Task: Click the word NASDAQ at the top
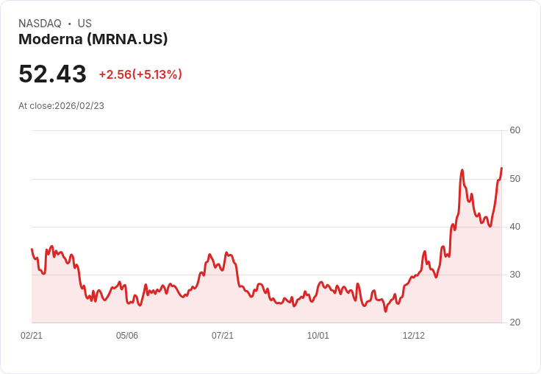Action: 40,24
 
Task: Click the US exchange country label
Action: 85,24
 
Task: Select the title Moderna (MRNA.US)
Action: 93,39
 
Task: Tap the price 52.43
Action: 52,74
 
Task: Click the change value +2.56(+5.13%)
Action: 140,74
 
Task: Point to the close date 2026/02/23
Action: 79,106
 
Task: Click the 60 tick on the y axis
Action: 515,130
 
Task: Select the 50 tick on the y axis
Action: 515,179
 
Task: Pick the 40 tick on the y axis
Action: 515,227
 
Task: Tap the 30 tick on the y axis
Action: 515,275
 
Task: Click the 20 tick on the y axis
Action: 515,322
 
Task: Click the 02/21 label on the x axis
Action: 32,336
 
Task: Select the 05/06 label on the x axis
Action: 127,336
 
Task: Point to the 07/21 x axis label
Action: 223,336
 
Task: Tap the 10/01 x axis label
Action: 318,336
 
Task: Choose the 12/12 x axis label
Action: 414,336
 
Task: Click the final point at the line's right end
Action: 501,169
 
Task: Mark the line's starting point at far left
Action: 32,250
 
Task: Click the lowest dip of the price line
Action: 385,311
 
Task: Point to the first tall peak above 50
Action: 462,170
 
